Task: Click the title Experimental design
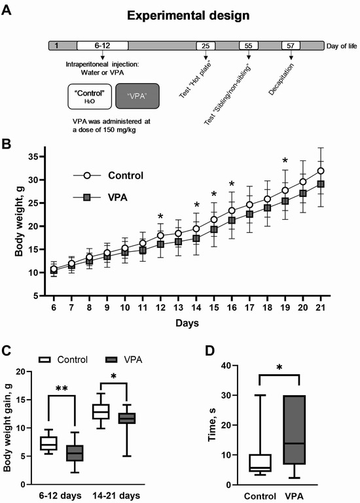coord(189,16)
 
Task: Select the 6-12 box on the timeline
coord(103,46)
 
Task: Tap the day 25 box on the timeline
coord(206,46)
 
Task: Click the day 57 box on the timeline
coord(291,46)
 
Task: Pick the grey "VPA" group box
coord(137,96)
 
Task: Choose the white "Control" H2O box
coord(90,96)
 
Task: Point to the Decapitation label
coord(281,79)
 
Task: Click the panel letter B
coord(7,145)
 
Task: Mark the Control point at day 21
coord(321,171)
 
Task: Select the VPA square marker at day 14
coord(196,239)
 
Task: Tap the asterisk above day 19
coord(285,160)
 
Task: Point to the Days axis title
coord(187,323)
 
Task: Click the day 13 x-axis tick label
coord(178,307)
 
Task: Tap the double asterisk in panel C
coord(62,389)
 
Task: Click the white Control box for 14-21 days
coord(101,411)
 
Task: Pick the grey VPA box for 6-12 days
coord(75,453)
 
